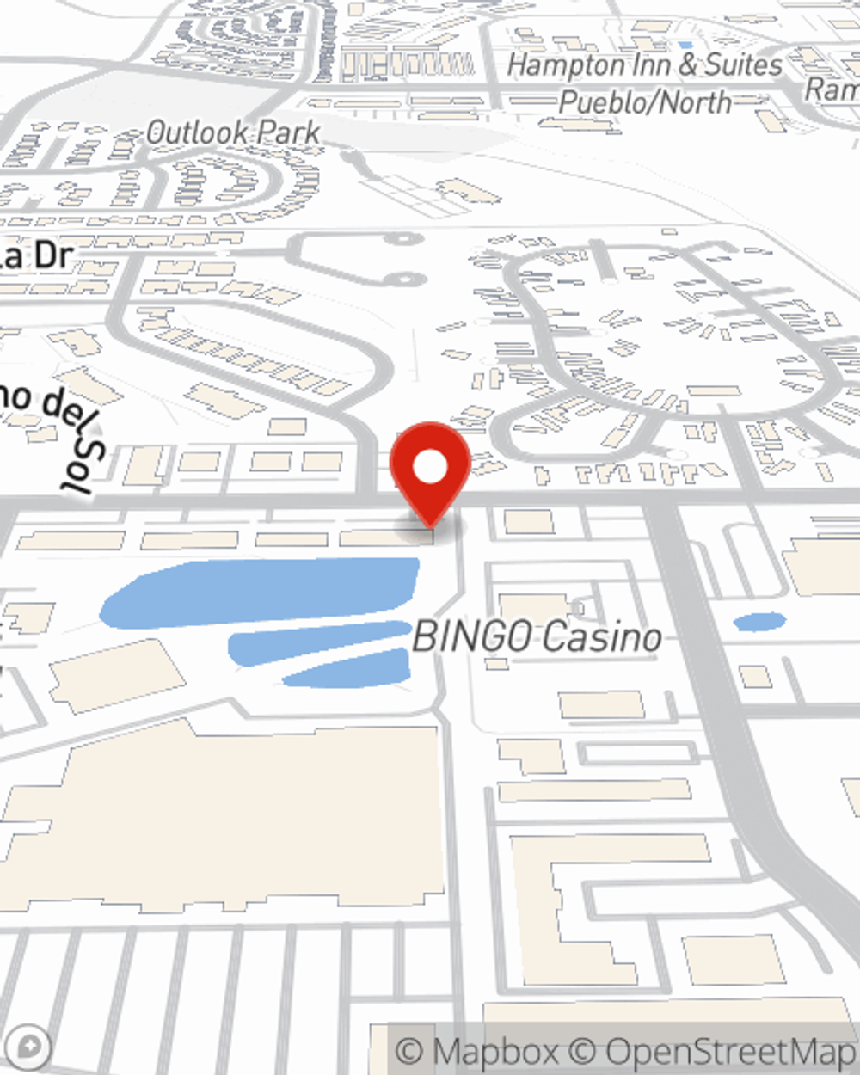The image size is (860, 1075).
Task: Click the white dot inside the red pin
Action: [431, 469]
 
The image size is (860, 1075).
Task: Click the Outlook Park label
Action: [233, 132]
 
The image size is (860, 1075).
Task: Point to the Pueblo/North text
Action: [645, 102]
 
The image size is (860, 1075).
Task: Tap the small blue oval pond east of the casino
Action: [759, 621]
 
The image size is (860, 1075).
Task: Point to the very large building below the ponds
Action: [224, 817]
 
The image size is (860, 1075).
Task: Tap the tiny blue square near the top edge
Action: [685, 44]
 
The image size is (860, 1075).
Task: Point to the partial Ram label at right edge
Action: [832, 89]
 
